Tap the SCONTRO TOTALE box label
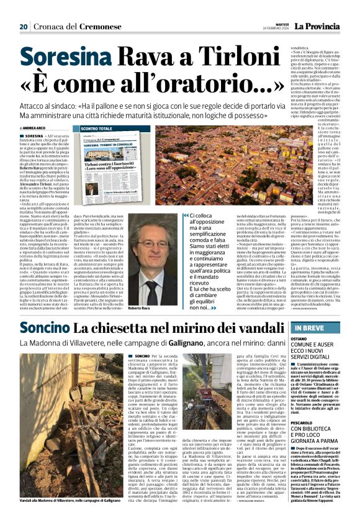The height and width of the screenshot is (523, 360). pyautogui.click(x=99, y=129)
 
